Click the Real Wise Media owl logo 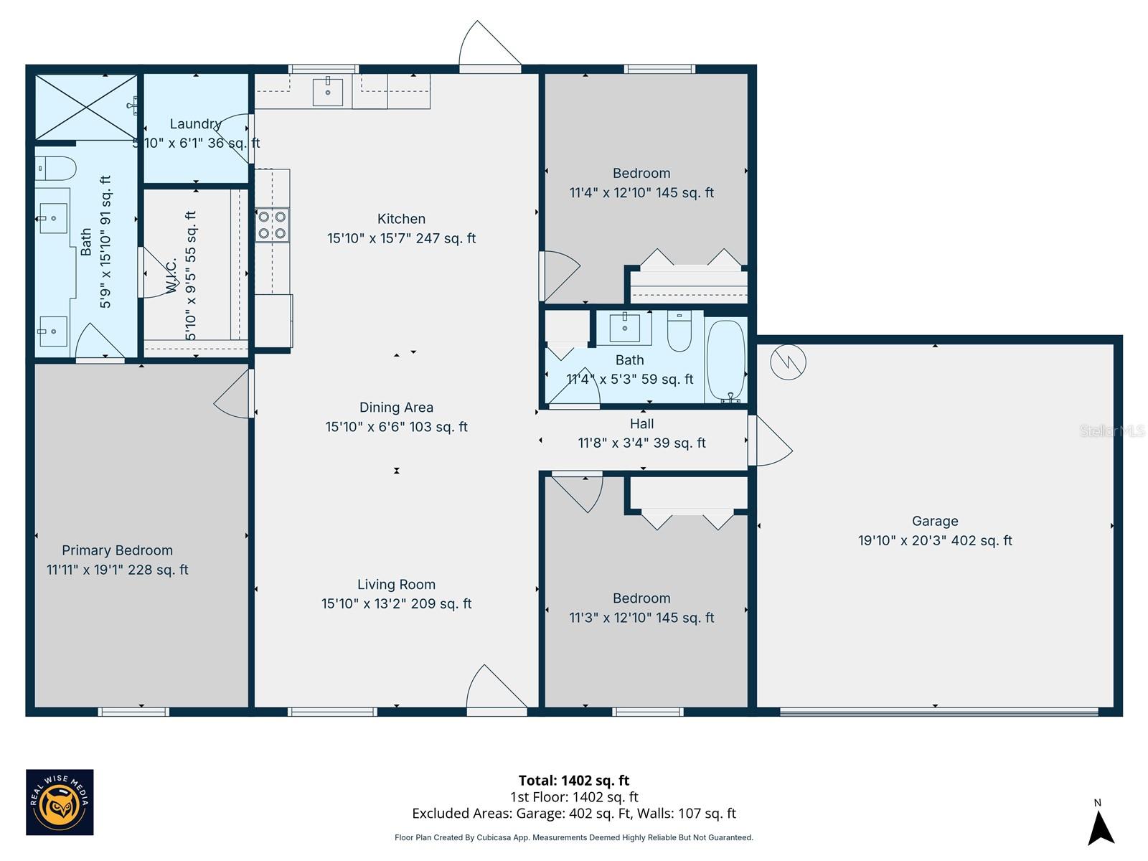click(60, 801)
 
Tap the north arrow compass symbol click(1101, 825)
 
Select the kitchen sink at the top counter click(327, 92)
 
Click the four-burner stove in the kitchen click(272, 225)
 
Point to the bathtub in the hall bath click(726, 361)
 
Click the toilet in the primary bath click(55, 169)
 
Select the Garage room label click(935, 521)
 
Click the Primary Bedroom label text click(117, 550)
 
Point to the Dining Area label click(397, 408)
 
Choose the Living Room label click(397, 584)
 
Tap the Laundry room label click(196, 124)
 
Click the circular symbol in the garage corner click(788, 362)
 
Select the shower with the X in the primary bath click(86, 107)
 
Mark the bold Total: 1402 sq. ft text click(574, 781)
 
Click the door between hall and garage click(770, 440)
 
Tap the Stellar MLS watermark click(1112, 430)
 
